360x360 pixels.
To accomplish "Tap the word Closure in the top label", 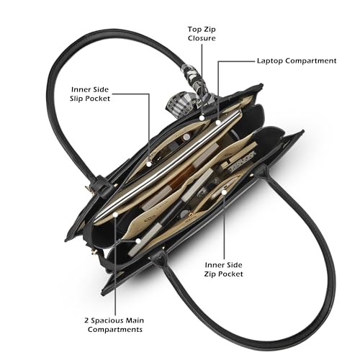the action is click(202, 38).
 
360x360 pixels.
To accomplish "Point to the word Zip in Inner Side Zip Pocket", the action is click(210, 274).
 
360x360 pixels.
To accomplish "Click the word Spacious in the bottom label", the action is click(107, 320).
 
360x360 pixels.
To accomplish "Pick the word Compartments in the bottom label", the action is click(115, 329).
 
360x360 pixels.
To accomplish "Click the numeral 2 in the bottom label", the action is click(86, 320).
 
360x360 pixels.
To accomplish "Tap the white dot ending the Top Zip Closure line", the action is click(202, 118).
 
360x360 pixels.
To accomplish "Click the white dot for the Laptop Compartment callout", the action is click(218, 122).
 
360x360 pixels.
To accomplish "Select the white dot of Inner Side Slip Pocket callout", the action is click(149, 164).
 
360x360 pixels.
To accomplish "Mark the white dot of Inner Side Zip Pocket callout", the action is click(224, 192).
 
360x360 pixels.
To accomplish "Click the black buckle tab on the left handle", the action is click(102, 186).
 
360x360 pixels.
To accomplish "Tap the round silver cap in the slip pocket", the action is click(186, 137).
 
